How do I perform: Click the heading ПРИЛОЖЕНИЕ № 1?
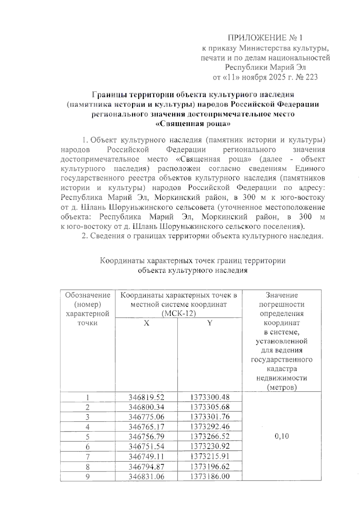(265, 38)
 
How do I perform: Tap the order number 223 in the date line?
(311, 77)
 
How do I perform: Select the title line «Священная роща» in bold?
(193, 124)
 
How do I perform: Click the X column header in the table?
(146, 323)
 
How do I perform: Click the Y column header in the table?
(210, 323)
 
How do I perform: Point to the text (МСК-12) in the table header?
(178, 314)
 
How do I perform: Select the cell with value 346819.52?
(146, 397)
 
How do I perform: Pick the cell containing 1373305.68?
(210, 407)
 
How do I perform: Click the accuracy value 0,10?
(282, 436)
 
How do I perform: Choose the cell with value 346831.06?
(146, 476)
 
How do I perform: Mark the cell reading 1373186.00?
(210, 476)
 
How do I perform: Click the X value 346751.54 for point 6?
(146, 446)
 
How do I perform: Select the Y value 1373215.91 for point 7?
(210, 456)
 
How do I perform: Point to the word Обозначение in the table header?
(88, 295)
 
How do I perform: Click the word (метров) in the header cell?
(282, 387)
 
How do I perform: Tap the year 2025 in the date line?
(277, 77)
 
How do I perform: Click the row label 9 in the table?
(88, 476)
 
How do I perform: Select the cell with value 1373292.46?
(210, 427)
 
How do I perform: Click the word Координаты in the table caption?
(122, 261)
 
